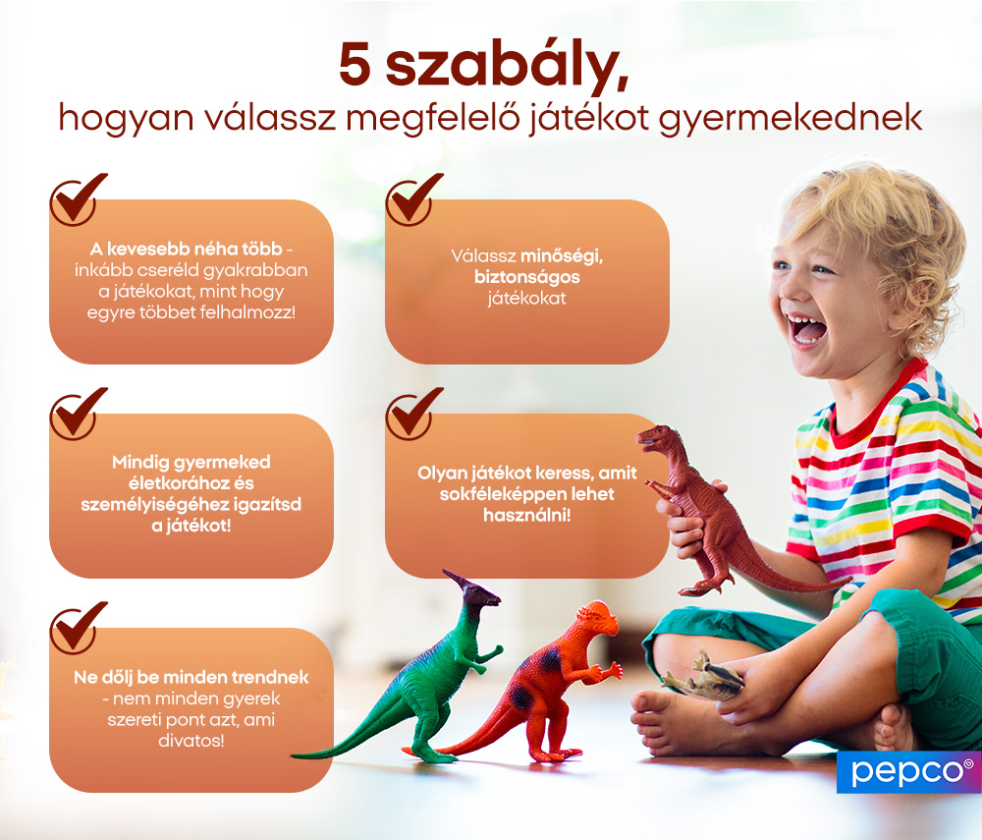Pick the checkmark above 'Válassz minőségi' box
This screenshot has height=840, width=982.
coord(412,198)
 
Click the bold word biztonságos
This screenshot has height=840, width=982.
coord(526,277)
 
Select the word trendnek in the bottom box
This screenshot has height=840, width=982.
coord(275,677)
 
